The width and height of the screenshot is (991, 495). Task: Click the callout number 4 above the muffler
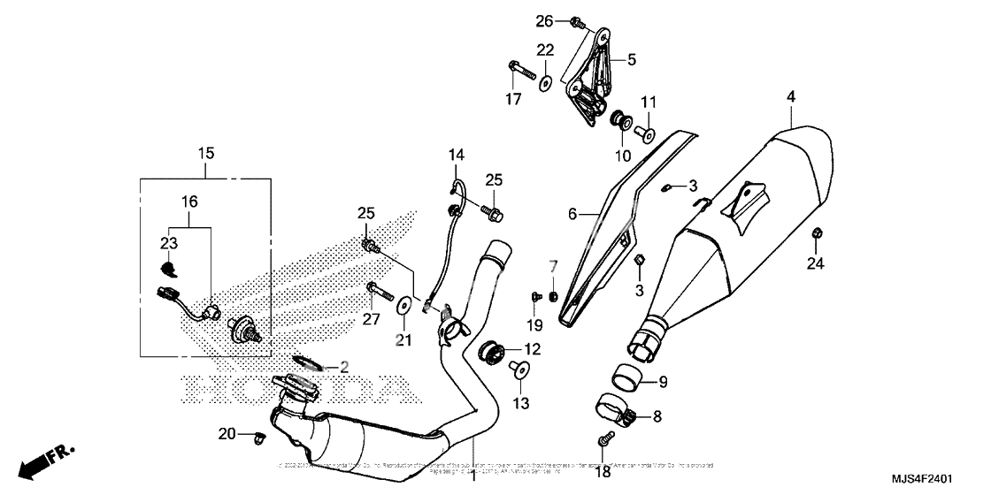[x=790, y=95]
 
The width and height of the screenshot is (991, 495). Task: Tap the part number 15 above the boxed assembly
[x=206, y=153]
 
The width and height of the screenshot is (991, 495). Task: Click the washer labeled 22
[x=546, y=83]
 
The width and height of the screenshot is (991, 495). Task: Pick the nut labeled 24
[x=815, y=233]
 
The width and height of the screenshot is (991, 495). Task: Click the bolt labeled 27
[x=375, y=287]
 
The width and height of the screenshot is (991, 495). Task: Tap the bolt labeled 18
[x=604, y=438]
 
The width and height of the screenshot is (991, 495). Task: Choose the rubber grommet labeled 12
[x=490, y=352]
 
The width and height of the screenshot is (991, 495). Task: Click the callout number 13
[x=519, y=403]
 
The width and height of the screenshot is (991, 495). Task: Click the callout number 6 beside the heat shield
[x=572, y=214]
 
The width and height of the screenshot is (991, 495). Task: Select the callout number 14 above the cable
[x=456, y=156]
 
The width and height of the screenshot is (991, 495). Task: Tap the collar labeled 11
[x=643, y=134]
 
